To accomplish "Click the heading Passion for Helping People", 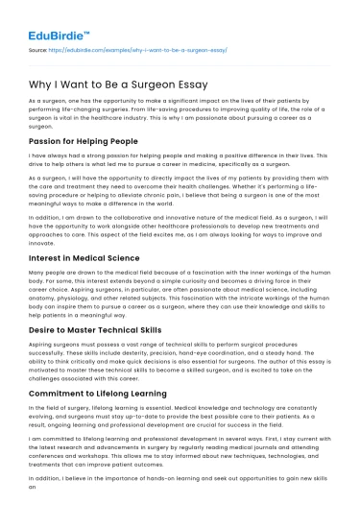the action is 83,141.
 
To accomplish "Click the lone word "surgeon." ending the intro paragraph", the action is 41,125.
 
